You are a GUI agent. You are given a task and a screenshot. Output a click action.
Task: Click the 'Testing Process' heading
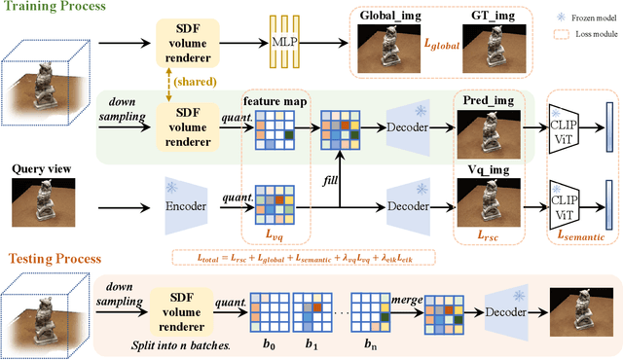coord(56,260)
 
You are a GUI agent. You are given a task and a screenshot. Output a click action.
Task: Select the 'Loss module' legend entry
coord(587,34)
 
